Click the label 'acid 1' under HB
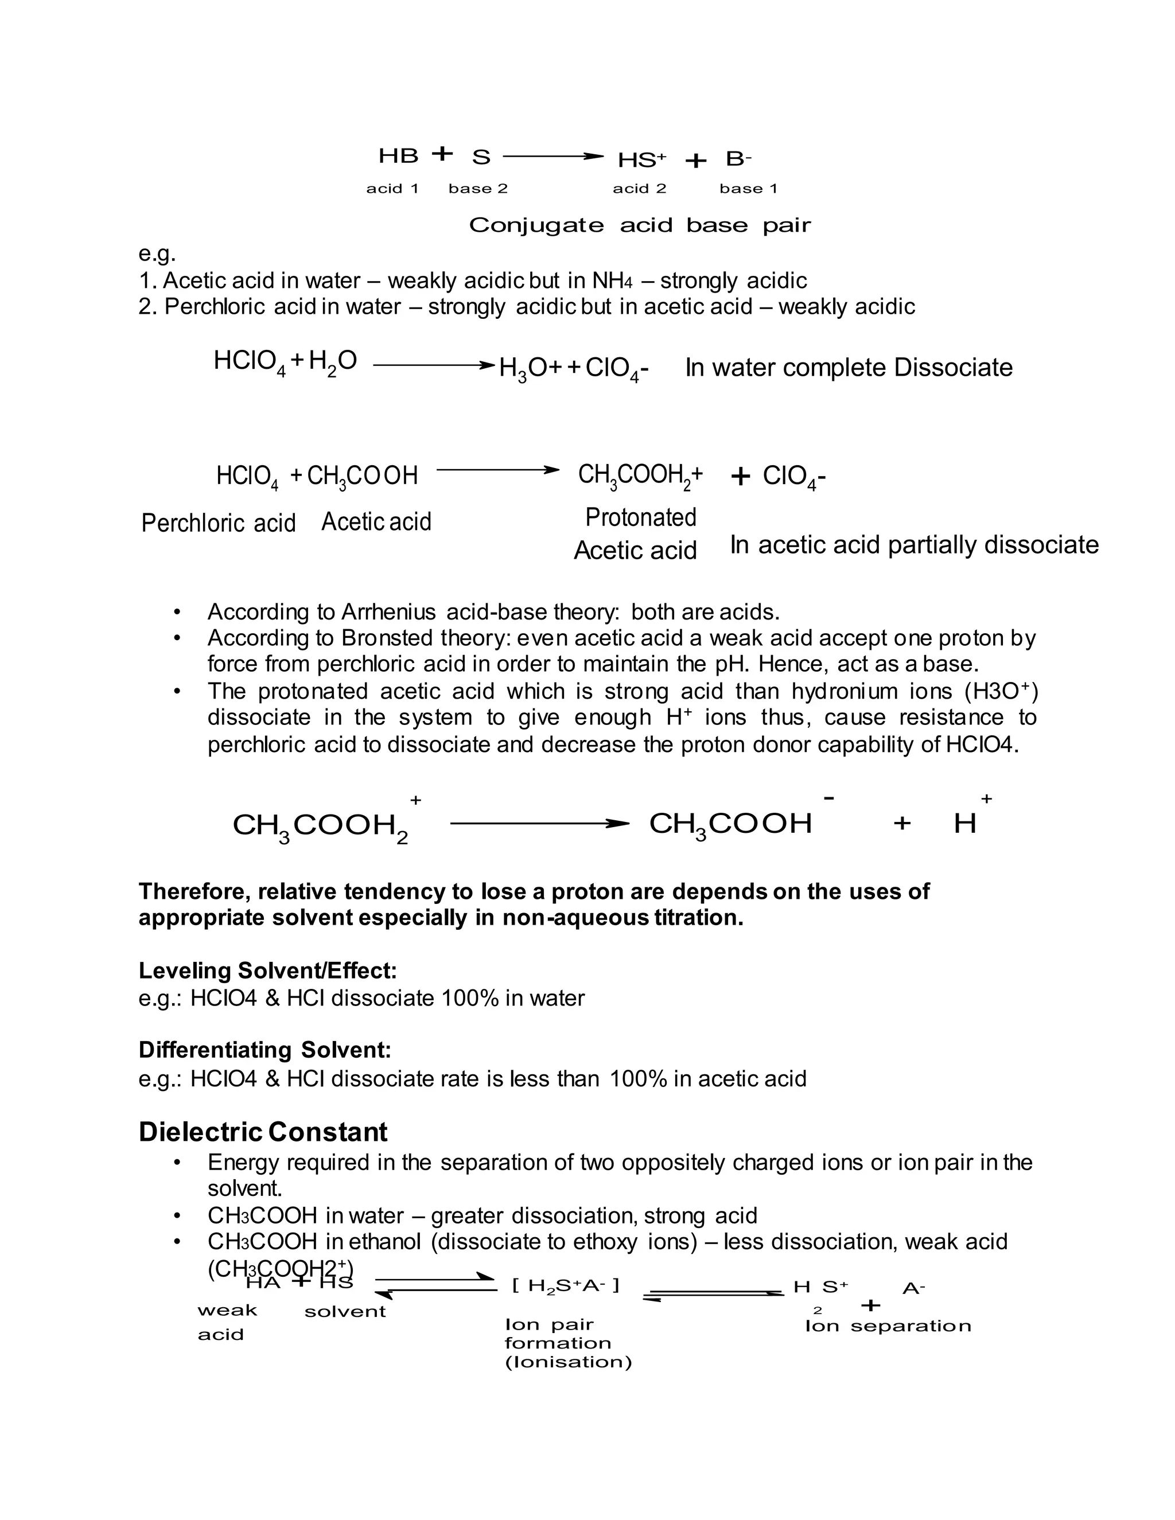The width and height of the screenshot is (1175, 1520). [x=392, y=189]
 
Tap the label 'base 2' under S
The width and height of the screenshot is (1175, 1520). [x=478, y=189]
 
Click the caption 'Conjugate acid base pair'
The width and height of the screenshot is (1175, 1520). [x=640, y=225]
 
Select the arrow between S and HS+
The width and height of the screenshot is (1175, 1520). [x=552, y=157]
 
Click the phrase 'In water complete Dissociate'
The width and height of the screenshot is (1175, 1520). [x=849, y=368]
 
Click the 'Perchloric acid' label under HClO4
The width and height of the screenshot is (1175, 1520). [x=219, y=523]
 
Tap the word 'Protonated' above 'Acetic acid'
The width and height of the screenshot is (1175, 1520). [x=640, y=517]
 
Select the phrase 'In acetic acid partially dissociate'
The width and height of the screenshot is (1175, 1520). [x=914, y=544]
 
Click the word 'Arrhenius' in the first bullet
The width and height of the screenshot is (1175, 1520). [x=388, y=613]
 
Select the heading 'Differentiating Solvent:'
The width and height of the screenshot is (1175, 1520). [x=264, y=1050]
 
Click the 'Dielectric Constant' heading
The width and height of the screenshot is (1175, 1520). [x=263, y=1132]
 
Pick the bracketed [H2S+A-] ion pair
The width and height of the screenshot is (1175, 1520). [x=565, y=1285]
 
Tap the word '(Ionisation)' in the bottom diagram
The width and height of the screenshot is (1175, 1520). [x=568, y=1362]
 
